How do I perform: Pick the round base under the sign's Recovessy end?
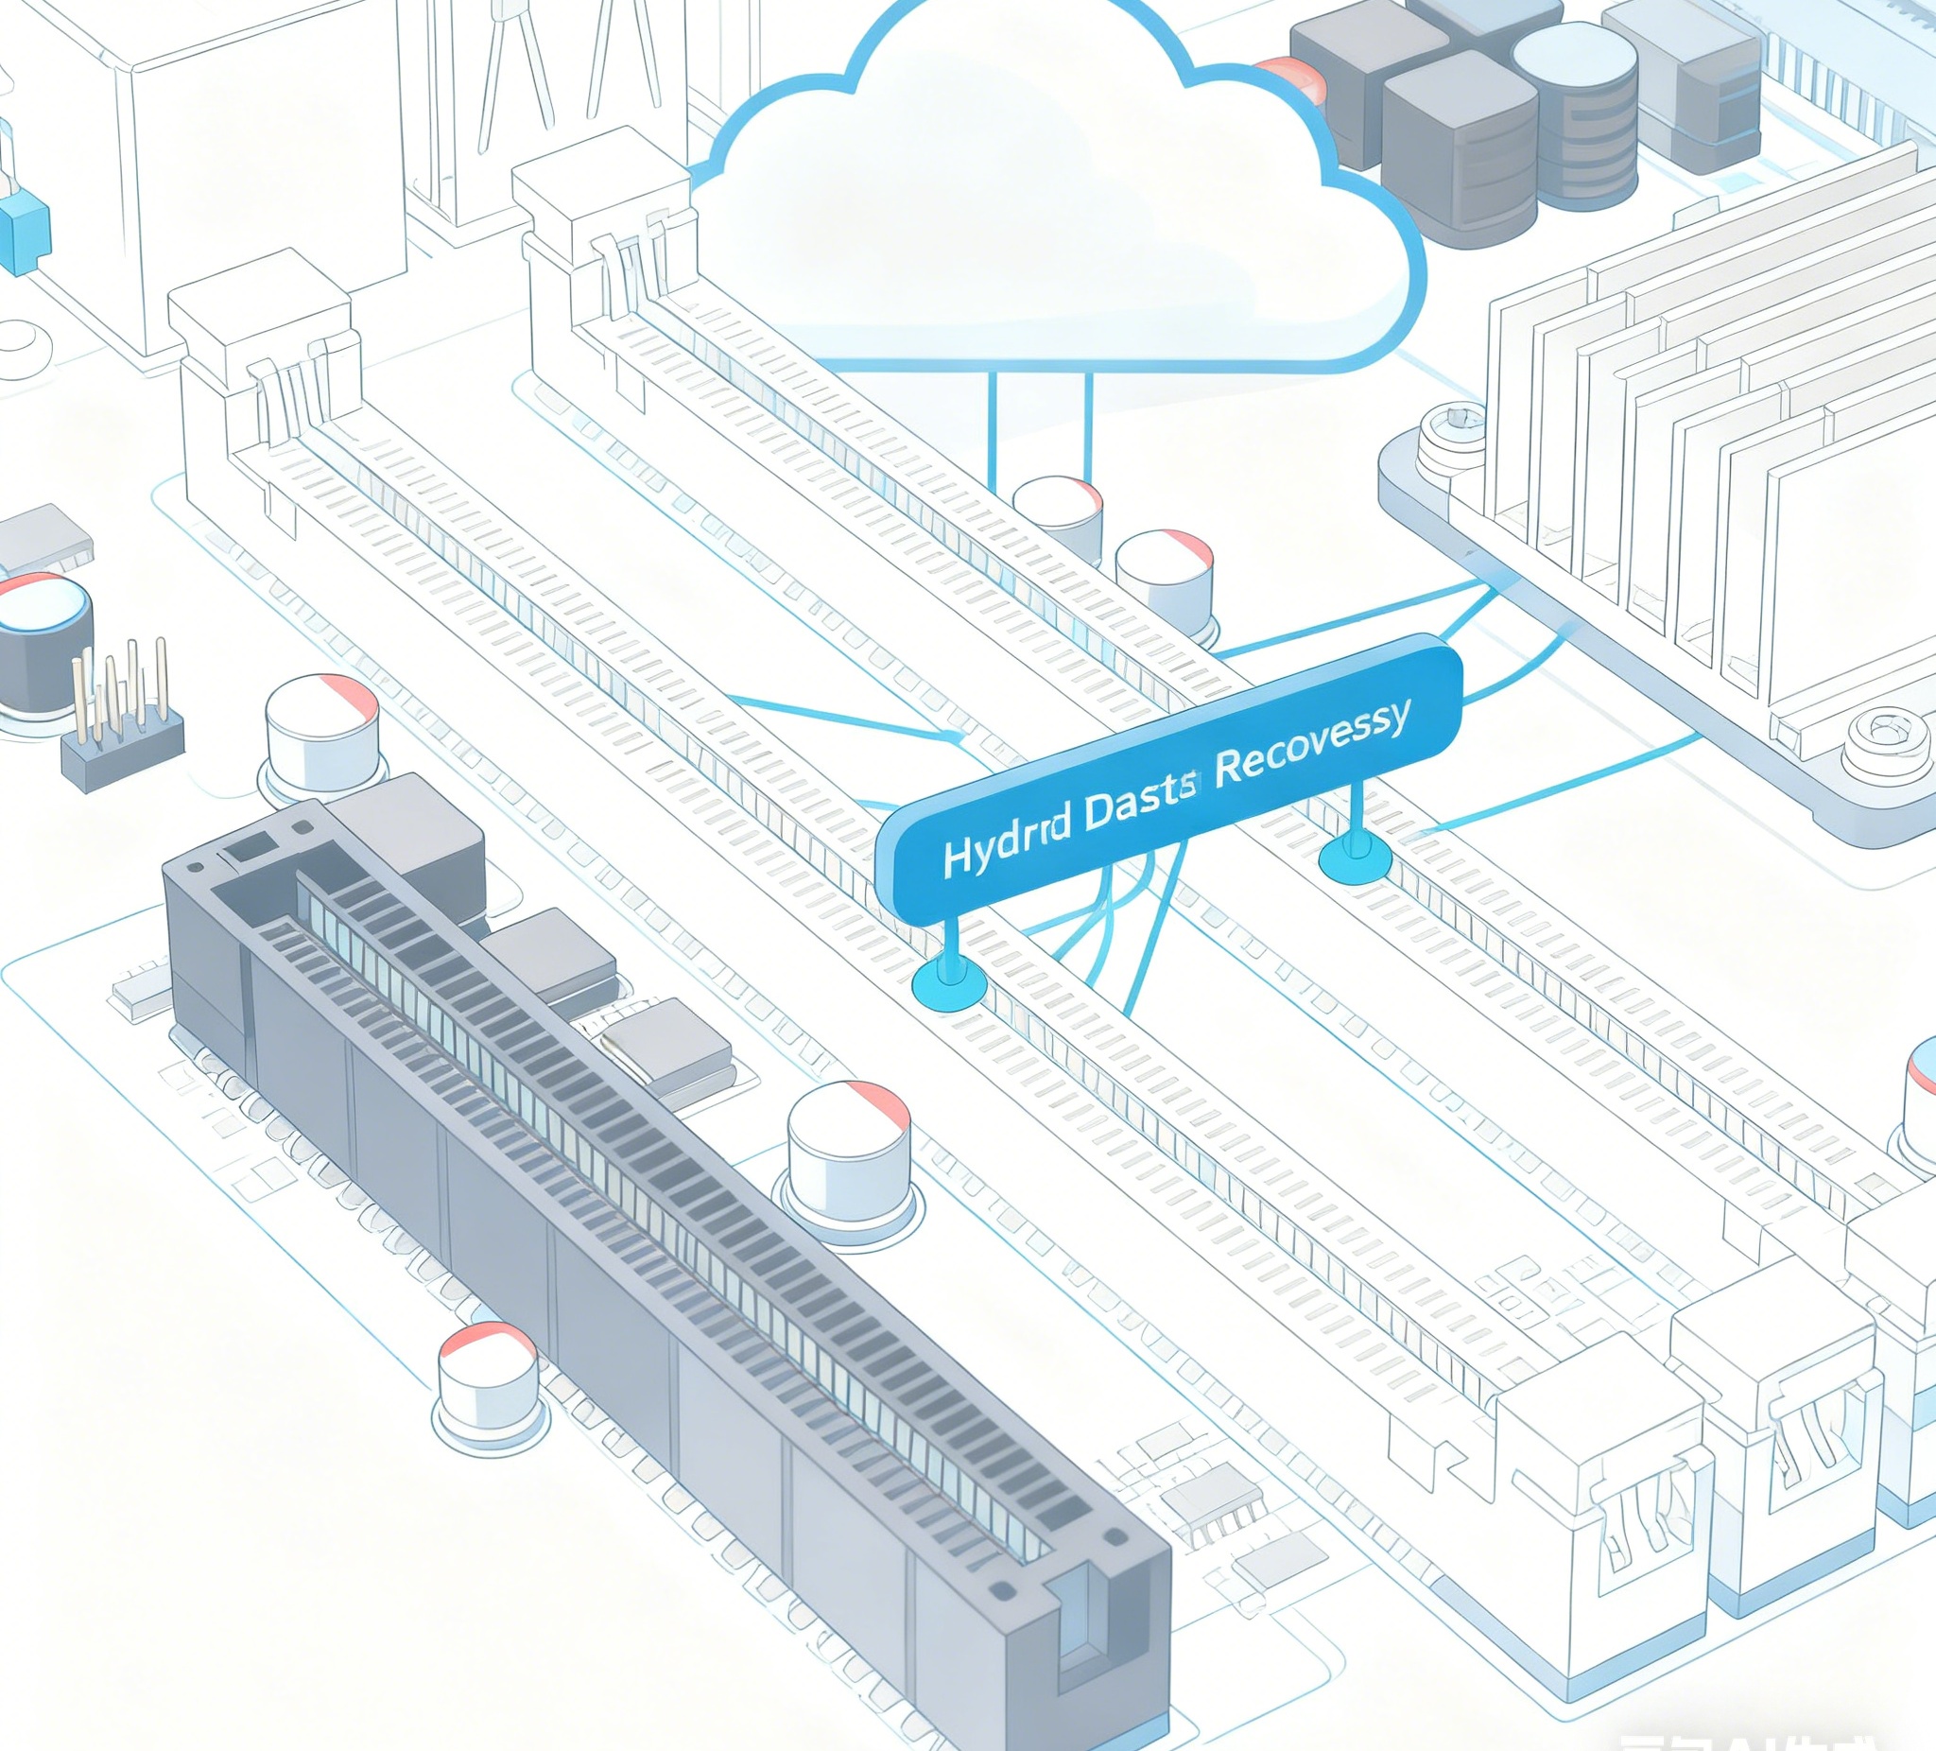pyautogui.click(x=1355, y=857)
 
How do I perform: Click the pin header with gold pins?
pyautogui.click(x=122, y=725)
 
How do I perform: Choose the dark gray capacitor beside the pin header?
pyautogui.click(x=43, y=644)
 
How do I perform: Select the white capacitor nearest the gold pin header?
pyautogui.click(x=321, y=735)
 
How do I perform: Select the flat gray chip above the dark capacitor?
pyautogui.click(x=43, y=540)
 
